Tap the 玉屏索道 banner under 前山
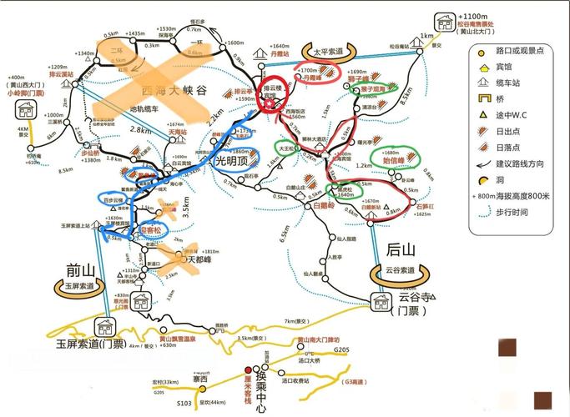coord(80,285)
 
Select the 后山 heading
coord(401,248)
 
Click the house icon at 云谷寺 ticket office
coord(383,300)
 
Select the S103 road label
coord(184,404)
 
